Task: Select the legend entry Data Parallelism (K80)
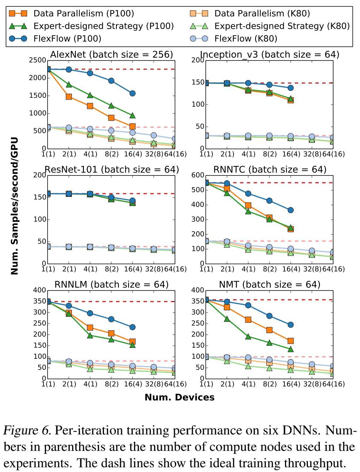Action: tap(262, 13)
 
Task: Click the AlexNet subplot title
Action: tap(112, 55)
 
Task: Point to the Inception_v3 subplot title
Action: tap(270, 55)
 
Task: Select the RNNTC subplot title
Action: tap(270, 169)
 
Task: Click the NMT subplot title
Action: tap(270, 285)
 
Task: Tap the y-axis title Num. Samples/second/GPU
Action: tap(15, 206)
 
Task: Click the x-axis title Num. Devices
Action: tap(179, 397)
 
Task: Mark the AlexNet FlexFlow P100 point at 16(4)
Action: tap(132, 93)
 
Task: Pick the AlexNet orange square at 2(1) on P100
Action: tap(69, 97)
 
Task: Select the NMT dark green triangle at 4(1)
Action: tap(248, 337)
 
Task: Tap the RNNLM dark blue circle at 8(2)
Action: tap(111, 319)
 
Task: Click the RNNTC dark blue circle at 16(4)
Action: tap(291, 210)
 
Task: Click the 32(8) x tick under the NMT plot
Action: tap(312, 384)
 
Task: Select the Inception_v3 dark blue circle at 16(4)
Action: tap(291, 88)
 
